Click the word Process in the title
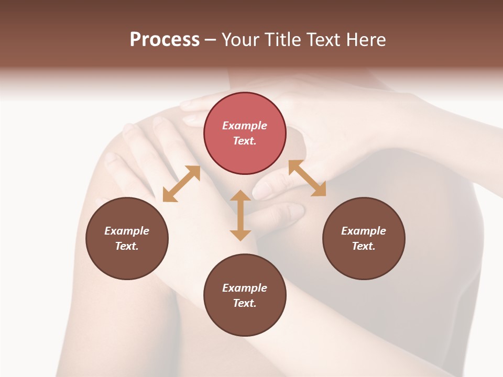point(165,40)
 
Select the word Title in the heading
point(282,40)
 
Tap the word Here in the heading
point(364,40)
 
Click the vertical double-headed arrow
point(240,215)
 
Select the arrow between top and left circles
point(181,184)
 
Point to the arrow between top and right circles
point(307,178)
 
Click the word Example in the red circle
point(245,126)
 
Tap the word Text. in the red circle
point(245,141)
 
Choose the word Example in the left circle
point(127,231)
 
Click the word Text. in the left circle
point(127,246)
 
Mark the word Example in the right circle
point(364,231)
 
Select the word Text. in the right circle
point(364,246)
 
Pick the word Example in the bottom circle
point(245,288)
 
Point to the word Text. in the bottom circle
point(245,303)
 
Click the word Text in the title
point(323,40)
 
